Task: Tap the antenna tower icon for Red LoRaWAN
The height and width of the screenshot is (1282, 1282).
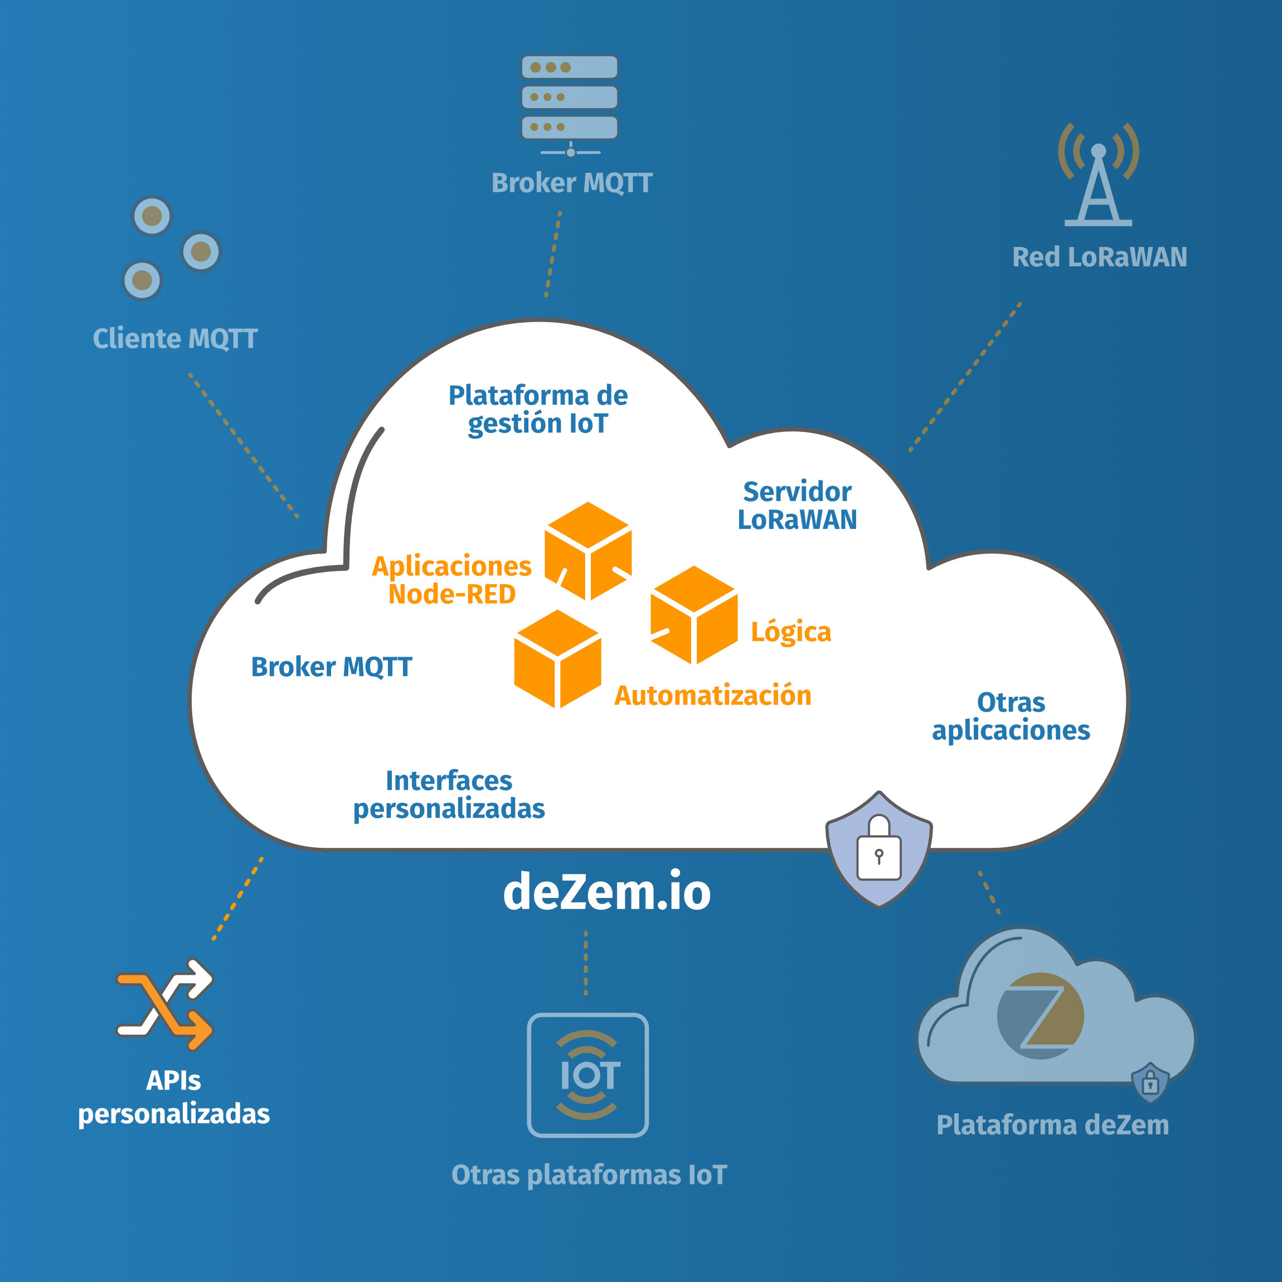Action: click(1098, 176)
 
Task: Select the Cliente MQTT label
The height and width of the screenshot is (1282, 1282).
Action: click(175, 338)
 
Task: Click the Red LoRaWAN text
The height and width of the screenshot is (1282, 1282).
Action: click(1100, 258)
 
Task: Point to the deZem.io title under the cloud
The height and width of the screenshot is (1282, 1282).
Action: click(606, 892)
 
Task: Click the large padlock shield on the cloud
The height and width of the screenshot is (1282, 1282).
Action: click(878, 849)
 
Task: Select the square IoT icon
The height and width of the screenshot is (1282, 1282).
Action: click(587, 1075)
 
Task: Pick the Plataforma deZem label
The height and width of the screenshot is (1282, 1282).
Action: click(1052, 1125)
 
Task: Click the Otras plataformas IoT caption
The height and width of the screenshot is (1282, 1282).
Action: click(589, 1175)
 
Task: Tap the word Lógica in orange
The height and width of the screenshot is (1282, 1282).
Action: click(790, 632)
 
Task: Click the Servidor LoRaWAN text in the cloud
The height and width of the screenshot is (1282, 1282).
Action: click(797, 506)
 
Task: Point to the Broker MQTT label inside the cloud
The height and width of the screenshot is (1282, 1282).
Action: click(331, 667)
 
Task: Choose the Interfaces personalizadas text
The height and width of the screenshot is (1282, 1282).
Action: click(449, 795)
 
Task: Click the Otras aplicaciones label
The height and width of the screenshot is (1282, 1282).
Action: click(1011, 717)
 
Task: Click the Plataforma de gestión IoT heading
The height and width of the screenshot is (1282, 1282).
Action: click(537, 410)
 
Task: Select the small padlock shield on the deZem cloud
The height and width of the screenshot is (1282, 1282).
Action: click(1150, 1083)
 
